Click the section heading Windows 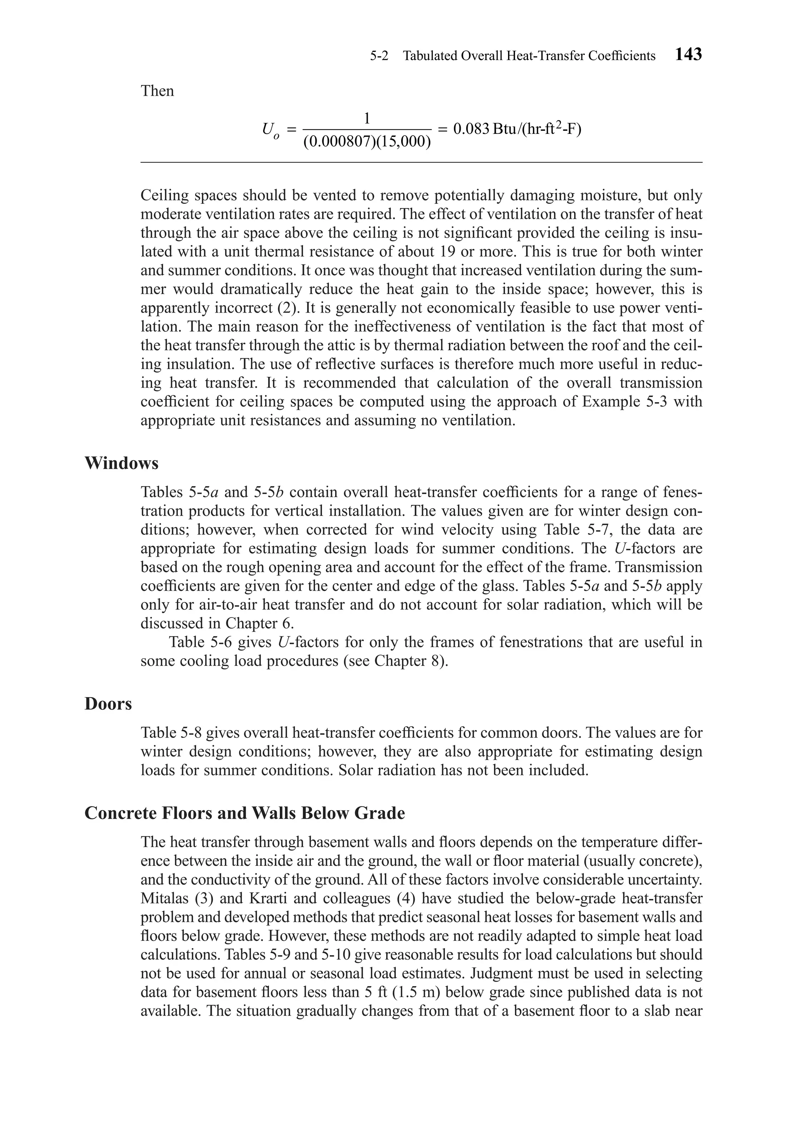[121, 463]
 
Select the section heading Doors [108, 704]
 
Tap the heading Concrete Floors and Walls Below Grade [244, 813]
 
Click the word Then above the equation [157, 91]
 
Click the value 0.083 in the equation [471, 129]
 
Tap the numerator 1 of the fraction [366, 118]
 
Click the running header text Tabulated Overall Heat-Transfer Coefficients [529, 56]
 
